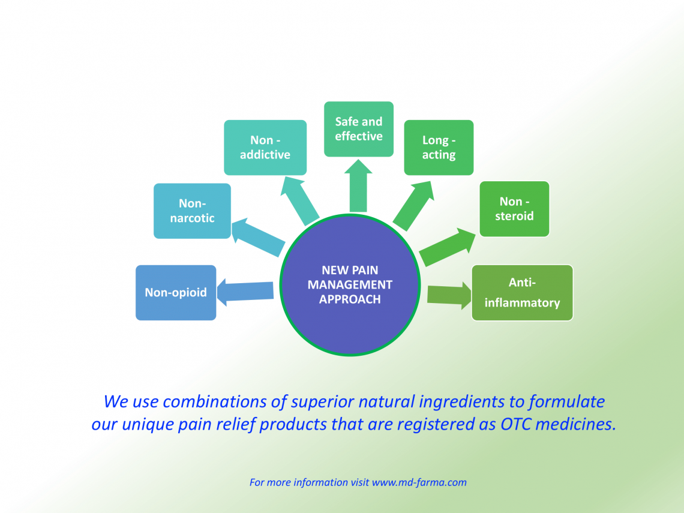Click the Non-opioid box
coord(176,293)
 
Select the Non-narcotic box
coord(192,211)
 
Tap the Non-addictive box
coord(265,148)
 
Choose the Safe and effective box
coord(359,129)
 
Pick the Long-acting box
coord(439,148)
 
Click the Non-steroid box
coord(514,209)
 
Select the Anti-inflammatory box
coord(522,293)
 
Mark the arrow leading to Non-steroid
coord(447,246)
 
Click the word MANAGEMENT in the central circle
coord(350,284)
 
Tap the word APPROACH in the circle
coord(350,299)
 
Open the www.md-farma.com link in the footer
coord(419,482)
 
